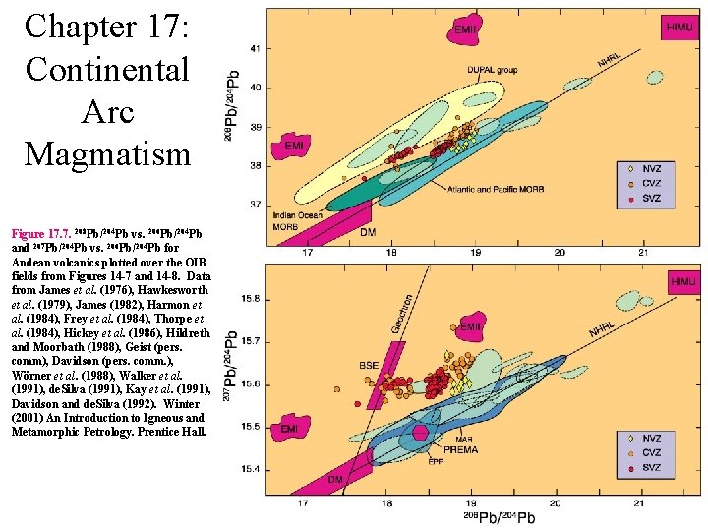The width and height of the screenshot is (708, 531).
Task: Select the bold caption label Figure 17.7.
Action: click(40, 235)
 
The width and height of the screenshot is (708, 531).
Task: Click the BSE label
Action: click(369, 366)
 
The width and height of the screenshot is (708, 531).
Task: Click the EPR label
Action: click(436, 460)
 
